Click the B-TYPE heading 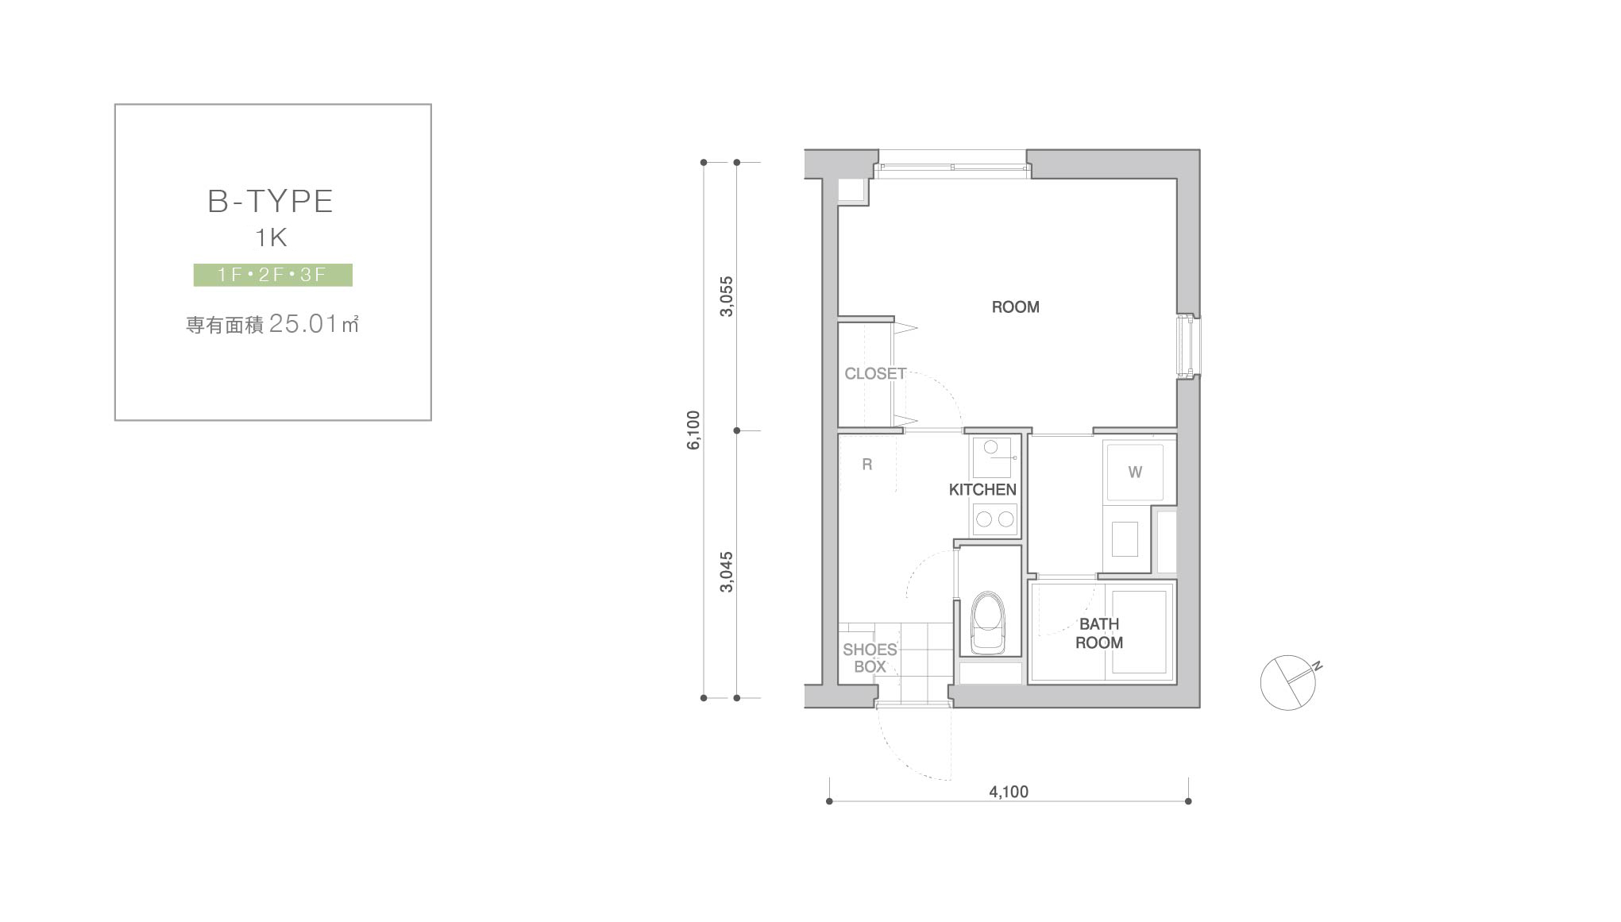click(270, 202)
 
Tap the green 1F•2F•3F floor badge click(272, 275)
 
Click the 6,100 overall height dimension click(694, 430)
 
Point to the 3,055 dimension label click(727, 296)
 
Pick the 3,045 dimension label click(727, 572)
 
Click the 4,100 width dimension click(1009, 792)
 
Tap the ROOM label click(1015, 307)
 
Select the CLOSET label click(875, 373)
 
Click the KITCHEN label click(982, 489)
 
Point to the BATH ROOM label click(1099, 633)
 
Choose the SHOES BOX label click(870, 658)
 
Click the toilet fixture click(988, 622)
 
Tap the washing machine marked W click(1135, 472)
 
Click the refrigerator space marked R click(867, 465)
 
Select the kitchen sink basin click(992, 457)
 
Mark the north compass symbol click(1289, 681)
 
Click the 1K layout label click(271, 237)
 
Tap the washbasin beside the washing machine click(1125, 539)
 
